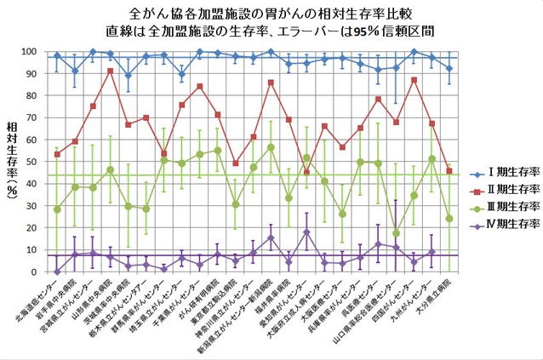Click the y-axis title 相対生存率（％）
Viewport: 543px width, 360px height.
12,162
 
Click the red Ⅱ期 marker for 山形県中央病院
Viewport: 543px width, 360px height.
111,71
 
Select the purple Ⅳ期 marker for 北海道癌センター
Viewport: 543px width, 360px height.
57,271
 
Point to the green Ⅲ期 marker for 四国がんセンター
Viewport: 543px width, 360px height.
396,233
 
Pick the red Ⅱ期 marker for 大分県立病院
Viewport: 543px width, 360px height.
449,171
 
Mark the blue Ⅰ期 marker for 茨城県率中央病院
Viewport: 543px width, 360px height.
129,76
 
